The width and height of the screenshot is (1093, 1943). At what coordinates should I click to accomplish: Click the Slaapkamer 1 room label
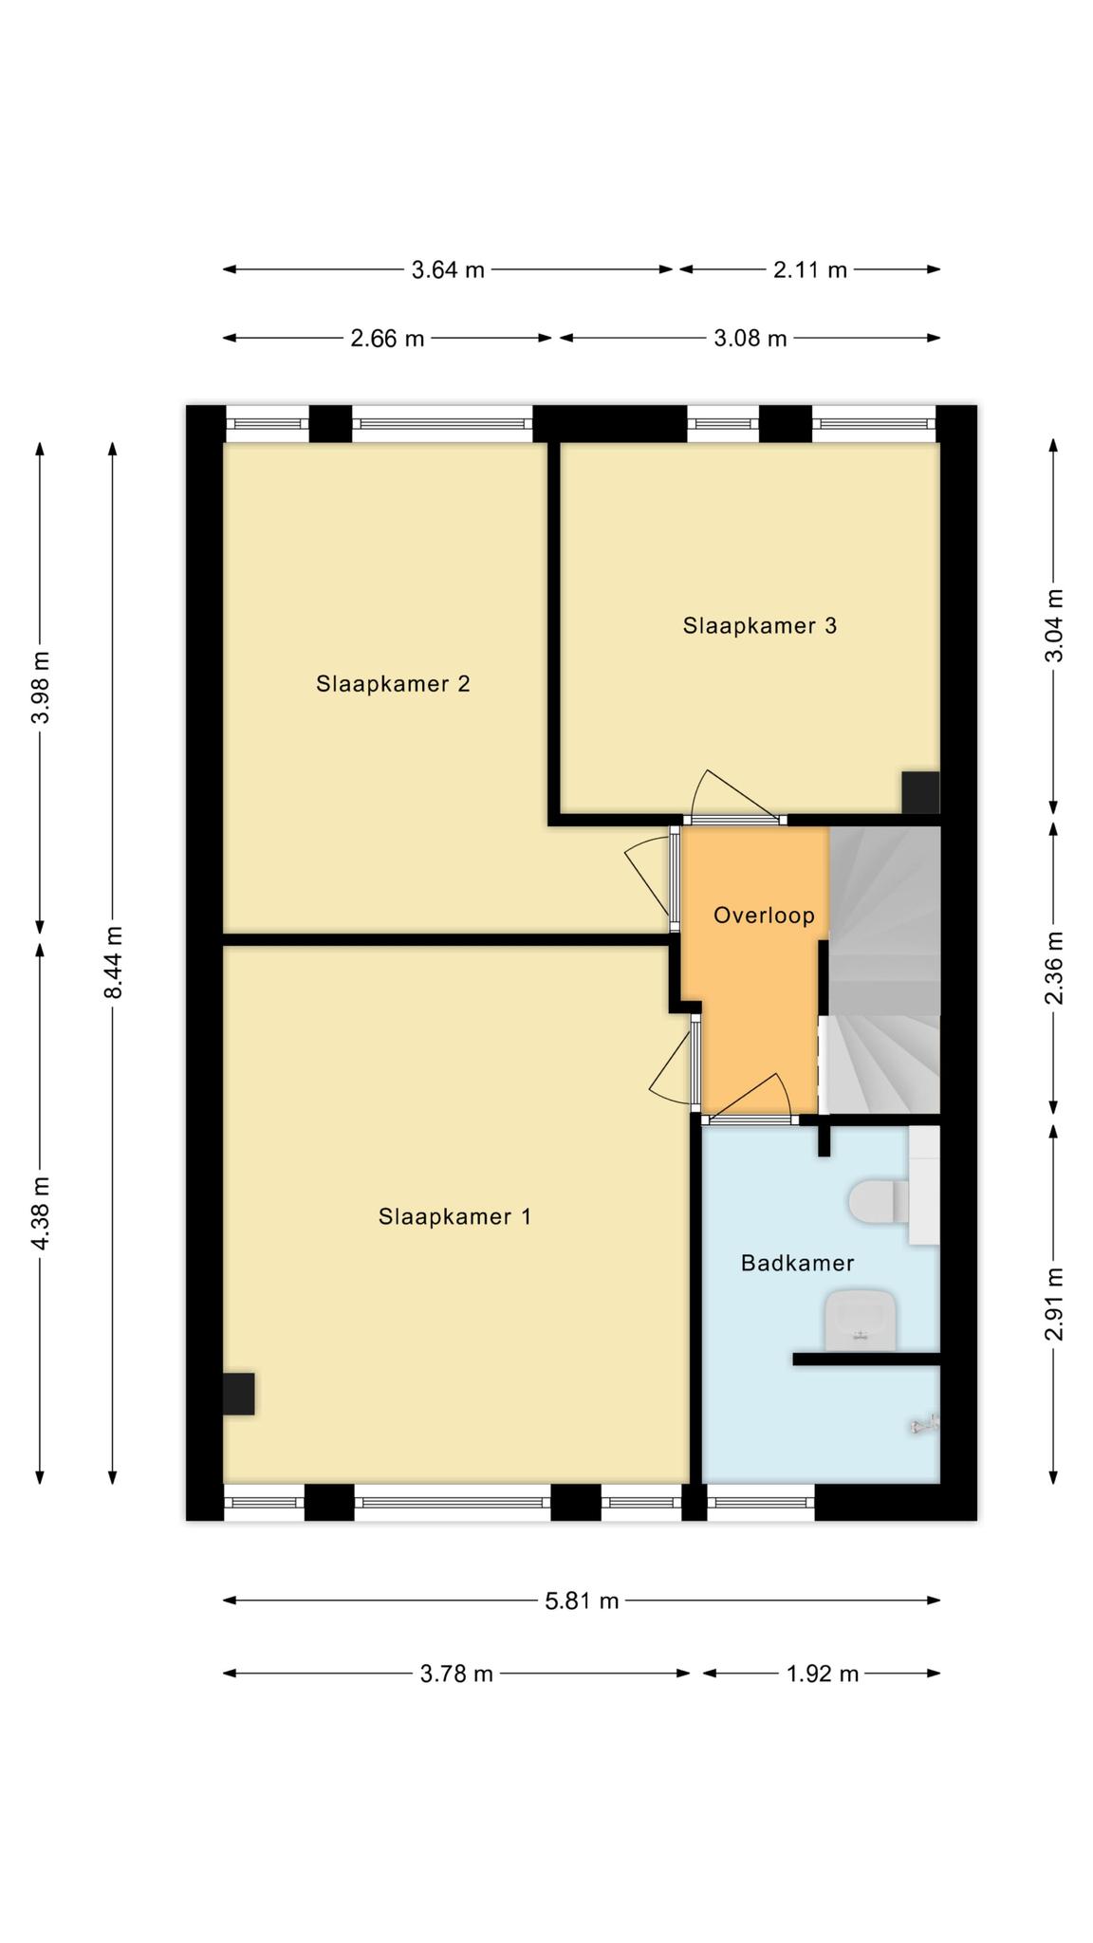pyautogui.click(x=454, y=1216)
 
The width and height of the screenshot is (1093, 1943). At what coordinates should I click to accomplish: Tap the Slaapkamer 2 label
pyautogui.click(x=393, y=684)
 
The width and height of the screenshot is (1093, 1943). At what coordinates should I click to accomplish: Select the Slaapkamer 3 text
pyautogui.click(x=760, y=626)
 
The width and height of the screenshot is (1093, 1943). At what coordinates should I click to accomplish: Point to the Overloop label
pyautogui.click(x=764, y=916)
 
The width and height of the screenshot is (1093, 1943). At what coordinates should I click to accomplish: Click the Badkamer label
pyautogui.click(x=797, y=1264)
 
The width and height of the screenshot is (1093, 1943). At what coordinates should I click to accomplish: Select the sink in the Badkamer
pyautogui.click(x=861, y=1320)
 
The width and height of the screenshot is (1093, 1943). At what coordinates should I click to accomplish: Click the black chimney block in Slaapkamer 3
pyautogui.click(x=920, y=793)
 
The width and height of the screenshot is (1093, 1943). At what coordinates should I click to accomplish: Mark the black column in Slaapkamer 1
pyautogui.click(x=238, y=1394)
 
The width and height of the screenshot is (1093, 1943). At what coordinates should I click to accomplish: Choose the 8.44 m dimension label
pyautogui.click(x=113, y=963)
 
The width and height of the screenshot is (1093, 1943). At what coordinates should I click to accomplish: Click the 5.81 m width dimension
pyautogui.click(x=582, y=1601)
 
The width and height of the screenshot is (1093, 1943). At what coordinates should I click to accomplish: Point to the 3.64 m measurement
pyautogui.click(x=448, y=270)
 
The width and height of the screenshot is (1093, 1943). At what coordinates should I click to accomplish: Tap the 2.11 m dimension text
pyautogui.click(x=810, y=270)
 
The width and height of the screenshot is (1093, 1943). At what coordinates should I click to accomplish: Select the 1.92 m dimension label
pyautogui.click(x=823, y=1674)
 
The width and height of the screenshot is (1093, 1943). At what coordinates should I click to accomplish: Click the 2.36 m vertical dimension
pyautogui.click(x=1054, y=968)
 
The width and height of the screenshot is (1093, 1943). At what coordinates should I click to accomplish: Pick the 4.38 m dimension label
pyautogui.click(x=41, y=1212)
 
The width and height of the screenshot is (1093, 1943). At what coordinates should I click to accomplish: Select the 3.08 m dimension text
pyautogui.click(x=750, y=339)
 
